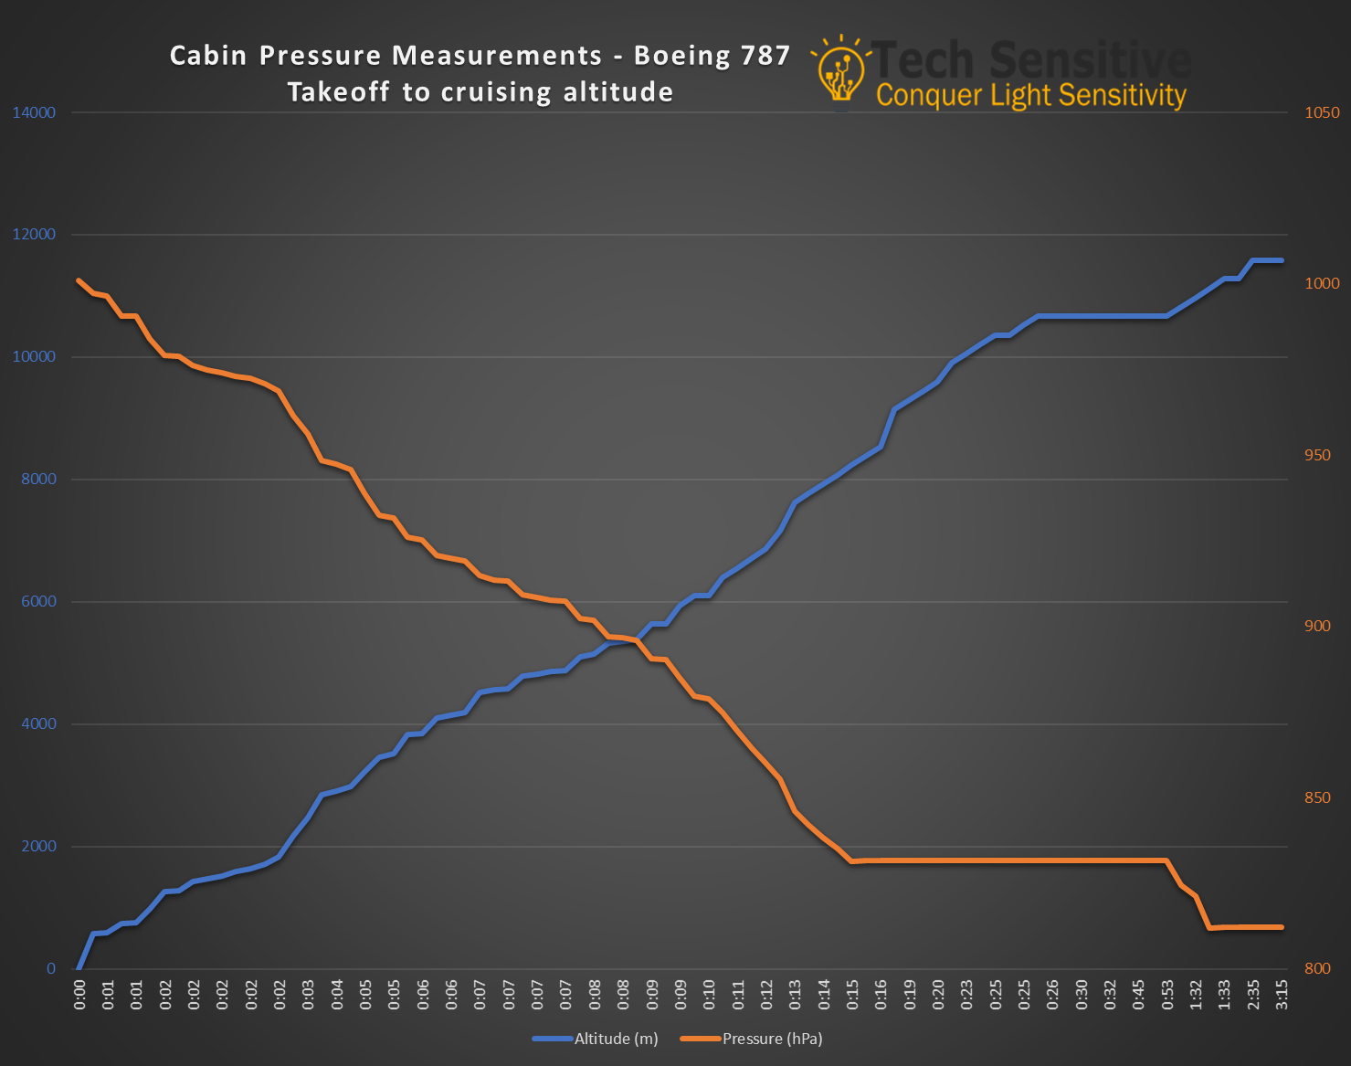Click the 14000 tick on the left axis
tap(34, 112)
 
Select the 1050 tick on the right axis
tap(1322, 112)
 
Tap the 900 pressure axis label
tap(1317, 626)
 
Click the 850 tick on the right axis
tap(1317, 797)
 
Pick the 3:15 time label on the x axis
tap(1282, 995)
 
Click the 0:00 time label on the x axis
tap(79, 995)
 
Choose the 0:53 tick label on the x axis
tap(1167, 995)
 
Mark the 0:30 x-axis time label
tap(1082, 995)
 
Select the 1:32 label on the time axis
tap(1196, 995)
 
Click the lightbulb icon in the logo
tap(839, 71)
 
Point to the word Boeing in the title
tap(682, 56)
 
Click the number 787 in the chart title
tap(765, 56)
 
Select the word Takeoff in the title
tap(340, 92)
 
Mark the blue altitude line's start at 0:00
tap(79, 967)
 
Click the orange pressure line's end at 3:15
tap(1282, 927)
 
